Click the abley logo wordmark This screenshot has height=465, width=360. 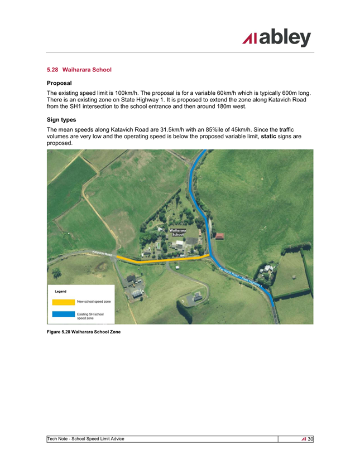pos(277,38)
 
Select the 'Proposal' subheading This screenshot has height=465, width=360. pos(59,82)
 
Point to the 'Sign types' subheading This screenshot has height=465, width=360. pos(61,119)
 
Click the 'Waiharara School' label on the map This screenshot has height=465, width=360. pos(177,232)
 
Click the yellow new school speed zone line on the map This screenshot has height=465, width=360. pos(162,260)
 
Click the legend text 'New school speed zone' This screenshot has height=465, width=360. pos(94,302)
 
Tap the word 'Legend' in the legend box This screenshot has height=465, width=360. pos(60,292)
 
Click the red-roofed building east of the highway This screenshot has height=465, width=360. pos(219,236)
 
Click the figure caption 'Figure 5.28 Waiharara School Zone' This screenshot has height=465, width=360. pos(83,332)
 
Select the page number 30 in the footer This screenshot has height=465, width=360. pos(311,439)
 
